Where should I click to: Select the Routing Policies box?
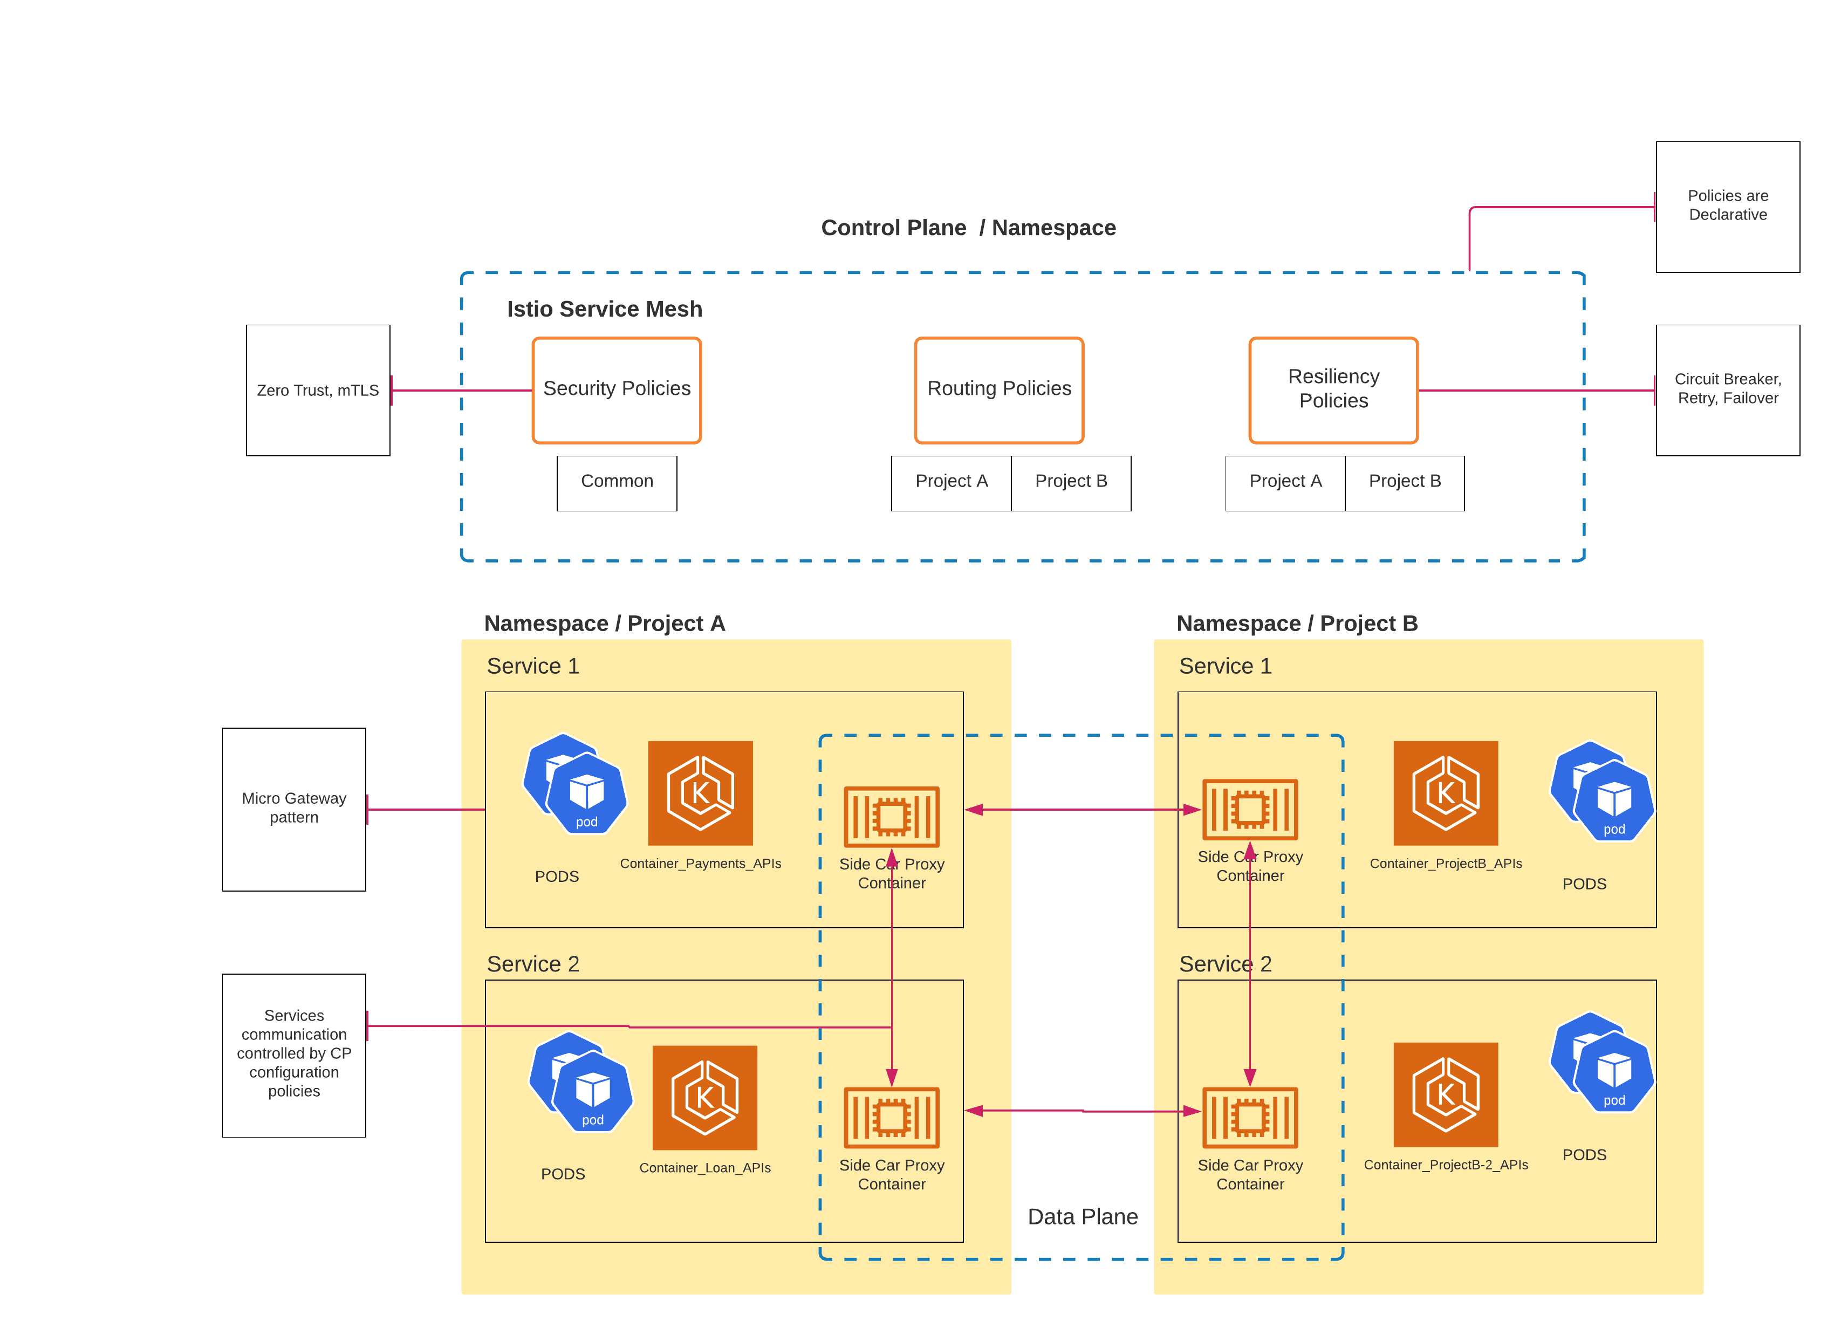tap(998, 391)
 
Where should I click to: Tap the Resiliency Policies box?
tap(1333, 391)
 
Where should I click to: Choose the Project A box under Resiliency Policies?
tap(1284, 482)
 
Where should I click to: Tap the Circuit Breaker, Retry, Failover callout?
tap(1727, 391)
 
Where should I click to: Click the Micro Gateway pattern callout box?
tap(294, 809)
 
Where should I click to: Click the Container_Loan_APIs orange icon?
tap(704, 1097)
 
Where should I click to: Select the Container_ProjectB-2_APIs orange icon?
tap(1445, 1094)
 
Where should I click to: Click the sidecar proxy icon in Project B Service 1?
tap(1249, 809)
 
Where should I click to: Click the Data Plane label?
tap(1082, 1216)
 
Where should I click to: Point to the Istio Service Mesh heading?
tap(604, 309)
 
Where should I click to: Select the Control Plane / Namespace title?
tap(968, 228)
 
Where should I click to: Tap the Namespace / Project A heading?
tap(604, 624)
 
